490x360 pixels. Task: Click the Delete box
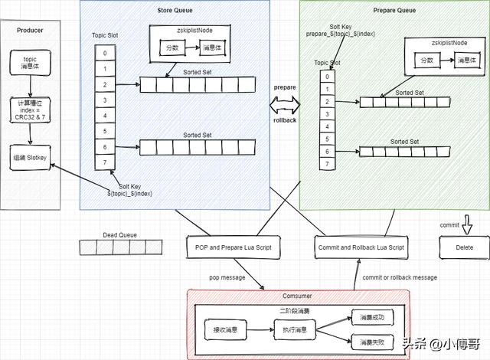pyautogui.click(x=463, y=247)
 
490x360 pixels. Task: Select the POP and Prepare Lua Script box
pyautogui.click(x=234, y=247)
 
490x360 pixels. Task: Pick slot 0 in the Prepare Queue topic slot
pyautogui.click(x=327, y=76)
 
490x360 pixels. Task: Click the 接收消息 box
pyautogui.click(x=225, y=330)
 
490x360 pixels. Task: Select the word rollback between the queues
pyautogui.click(x=285, y=120)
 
